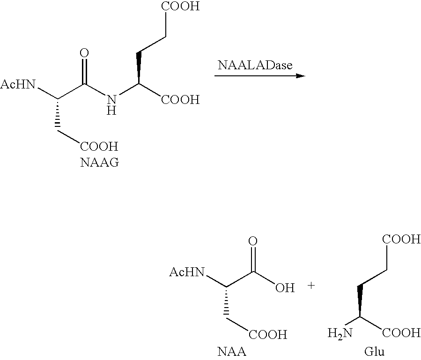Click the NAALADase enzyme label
point(255,65)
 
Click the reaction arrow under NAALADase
point(259,76)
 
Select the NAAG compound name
point(100,162)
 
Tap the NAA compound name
point(231,352)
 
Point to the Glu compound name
point(374,352)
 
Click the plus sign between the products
point(311,285)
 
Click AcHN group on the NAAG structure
point(18,84)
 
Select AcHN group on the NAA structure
point(186,272)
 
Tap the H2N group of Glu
point(340,334)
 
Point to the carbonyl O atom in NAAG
point(84,53)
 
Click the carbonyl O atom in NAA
point(253,241)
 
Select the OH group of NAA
point(285,288)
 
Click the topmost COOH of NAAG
point(180,6)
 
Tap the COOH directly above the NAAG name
point(99,147)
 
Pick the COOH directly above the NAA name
point(268,335)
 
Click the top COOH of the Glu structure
point(401,239)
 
